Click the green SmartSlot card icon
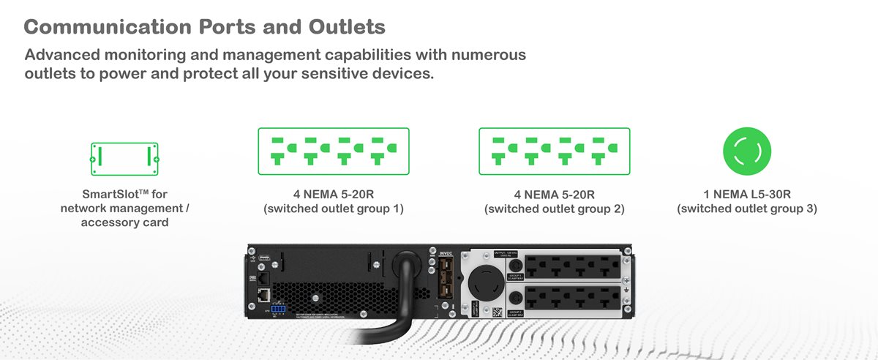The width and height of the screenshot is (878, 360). [124, 157]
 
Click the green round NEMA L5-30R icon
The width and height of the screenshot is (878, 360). [746, 152]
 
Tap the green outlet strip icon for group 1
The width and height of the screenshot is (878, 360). [333, 151]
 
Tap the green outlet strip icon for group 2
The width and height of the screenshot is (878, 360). [554, 151]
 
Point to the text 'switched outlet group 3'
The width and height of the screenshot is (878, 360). [747, 209]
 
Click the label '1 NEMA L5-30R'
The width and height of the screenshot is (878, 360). [747, 195]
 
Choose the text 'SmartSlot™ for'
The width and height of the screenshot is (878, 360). [124, 195]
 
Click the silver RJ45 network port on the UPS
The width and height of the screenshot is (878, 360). [260, 295]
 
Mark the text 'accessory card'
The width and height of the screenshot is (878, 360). [124, 222]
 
